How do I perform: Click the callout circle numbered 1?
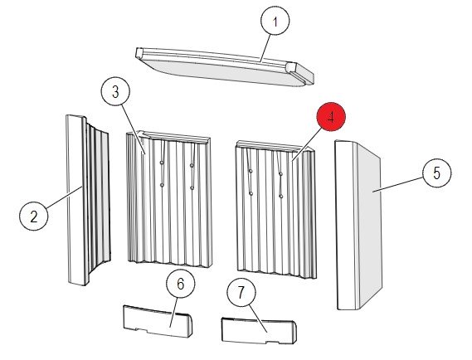tap(275, 21)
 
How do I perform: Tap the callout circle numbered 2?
tap(34, 216)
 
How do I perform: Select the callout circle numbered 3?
tap(115, 92)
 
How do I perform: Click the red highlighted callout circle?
tap(331, 117)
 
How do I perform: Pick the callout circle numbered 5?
tap(437, 173)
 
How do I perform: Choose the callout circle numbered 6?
tap(180, 283)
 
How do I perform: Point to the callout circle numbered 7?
tap(241, 292)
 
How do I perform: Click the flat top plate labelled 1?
tap(224, 66)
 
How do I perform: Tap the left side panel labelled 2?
tap(88, 200)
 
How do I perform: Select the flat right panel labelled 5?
tap(359, 225)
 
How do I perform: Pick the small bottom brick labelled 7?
tap(259, 330)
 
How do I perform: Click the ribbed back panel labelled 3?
tap(168, 198)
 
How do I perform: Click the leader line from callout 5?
tap(398, 184)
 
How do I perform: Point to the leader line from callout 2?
tap(64, 197)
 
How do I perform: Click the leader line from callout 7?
tap(257, 319)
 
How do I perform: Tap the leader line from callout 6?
tap(173, 312)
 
